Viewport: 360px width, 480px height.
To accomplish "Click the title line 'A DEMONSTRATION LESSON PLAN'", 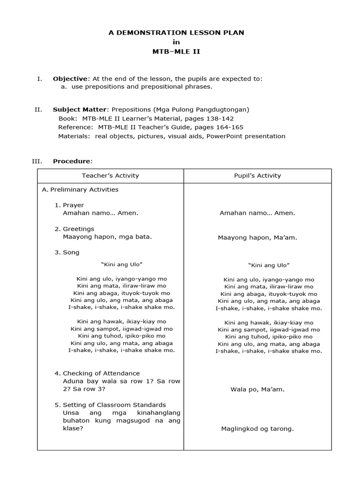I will (176, 32).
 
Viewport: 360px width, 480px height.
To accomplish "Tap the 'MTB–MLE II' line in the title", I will (176, 52).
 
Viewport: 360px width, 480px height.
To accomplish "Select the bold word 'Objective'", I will (70, 79).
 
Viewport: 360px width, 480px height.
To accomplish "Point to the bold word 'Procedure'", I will (72, 161).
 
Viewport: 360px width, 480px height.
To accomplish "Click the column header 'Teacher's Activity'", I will (110, 176).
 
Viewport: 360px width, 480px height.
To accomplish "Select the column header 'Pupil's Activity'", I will (257, 176).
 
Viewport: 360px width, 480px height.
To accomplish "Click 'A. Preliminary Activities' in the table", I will (80, 190).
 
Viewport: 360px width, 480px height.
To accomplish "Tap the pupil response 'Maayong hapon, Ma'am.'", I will (257, 238).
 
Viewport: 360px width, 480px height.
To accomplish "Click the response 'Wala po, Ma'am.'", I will (257, 389).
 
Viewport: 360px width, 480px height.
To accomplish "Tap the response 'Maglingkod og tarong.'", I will (257, 428).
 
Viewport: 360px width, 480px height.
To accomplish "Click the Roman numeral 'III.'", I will (37, 161).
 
